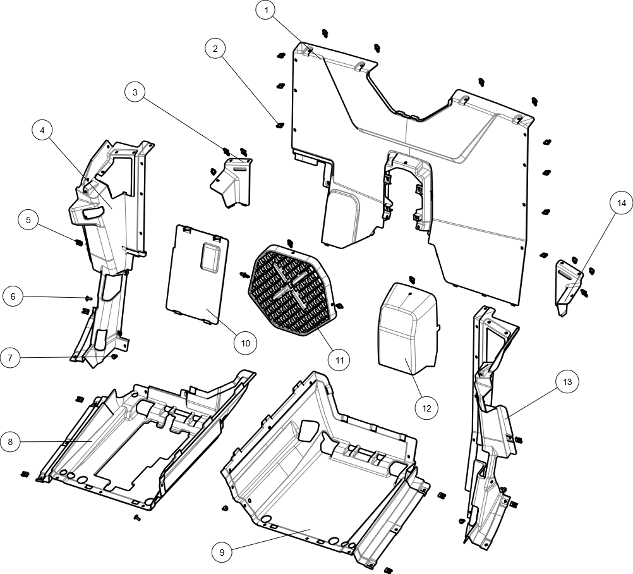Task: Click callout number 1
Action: tap(265, 10)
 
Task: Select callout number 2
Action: tap(215, 49)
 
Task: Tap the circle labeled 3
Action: tap(135, 92)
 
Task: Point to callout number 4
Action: tap(42, 131)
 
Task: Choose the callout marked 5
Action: tap(28, 220)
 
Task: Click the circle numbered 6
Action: tap(13, 296)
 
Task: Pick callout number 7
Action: tap(10, 358)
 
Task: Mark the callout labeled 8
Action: tap(10, 442)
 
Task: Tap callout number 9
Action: tap(221, 553)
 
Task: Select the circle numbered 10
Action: tap(246, 343)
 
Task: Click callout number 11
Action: tap(339, 361)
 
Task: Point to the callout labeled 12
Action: tap(426, 408)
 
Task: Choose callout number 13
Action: tap(567, 382)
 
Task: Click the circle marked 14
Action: tap(621, 203)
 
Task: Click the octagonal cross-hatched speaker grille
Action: tap(291, 291)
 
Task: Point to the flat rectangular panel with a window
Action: tap(197, 273)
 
